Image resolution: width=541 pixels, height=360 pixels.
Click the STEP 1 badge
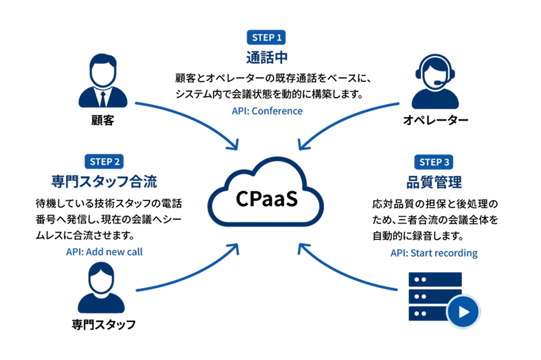coord(266,37)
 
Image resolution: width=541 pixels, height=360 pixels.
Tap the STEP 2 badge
coord(104,161)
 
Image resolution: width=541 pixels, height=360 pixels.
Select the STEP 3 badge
coord(434,162)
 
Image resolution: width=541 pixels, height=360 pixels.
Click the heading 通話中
coord(267,57)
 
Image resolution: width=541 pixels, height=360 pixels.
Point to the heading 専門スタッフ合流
coord(104,182)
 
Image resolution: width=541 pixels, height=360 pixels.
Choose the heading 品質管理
coord(434,182)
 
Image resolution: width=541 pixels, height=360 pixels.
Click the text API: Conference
coord(267,111)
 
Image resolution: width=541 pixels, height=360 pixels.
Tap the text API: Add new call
coord(104,252)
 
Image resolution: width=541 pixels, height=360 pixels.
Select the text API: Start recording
coord(434,253)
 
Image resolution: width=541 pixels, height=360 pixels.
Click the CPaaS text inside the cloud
coord(266,199)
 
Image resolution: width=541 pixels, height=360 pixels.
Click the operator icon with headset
coord(435,81)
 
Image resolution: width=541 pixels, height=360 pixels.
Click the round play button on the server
coord(464,311)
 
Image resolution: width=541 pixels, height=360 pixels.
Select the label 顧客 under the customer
coord(103,121)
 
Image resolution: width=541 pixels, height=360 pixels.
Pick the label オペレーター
coord(435,120)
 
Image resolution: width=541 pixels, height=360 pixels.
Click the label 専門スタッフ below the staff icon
coord(104,325)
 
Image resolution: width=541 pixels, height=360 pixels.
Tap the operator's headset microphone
coord(437,83)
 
